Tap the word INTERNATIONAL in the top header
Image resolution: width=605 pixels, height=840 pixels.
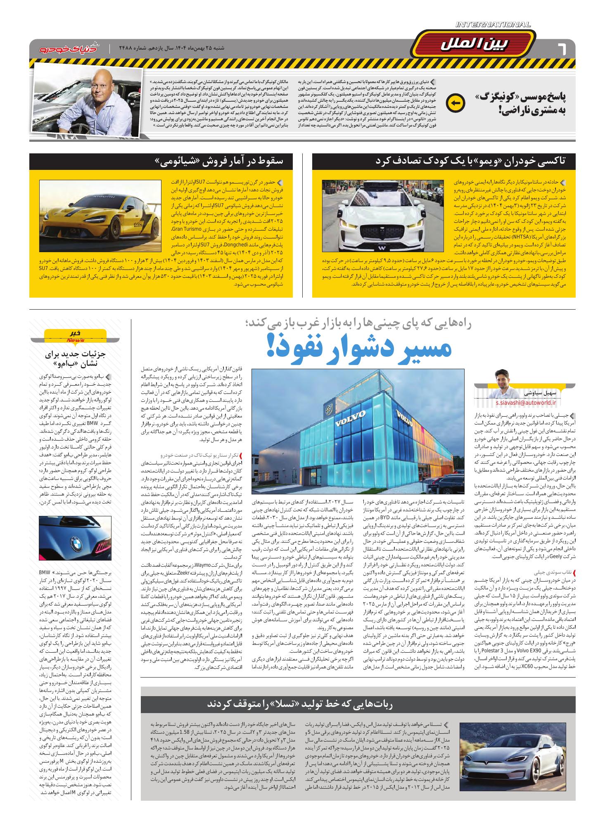(493, 25)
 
